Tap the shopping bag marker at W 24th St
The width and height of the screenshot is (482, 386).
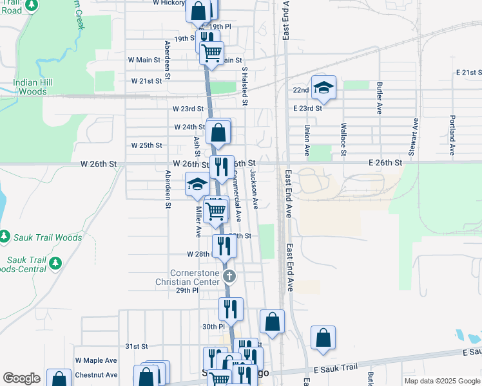(218, 133)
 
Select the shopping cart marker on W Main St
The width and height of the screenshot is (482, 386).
(211, 53)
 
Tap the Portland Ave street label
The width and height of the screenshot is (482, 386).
(452, 134)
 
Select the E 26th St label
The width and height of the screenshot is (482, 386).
(386, 163)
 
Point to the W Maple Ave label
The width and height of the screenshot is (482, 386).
(96, 360)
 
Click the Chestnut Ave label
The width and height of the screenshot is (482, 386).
(96, 374)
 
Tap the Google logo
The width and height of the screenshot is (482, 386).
(21, 378)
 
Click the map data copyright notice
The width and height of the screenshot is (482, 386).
(441, 381)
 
